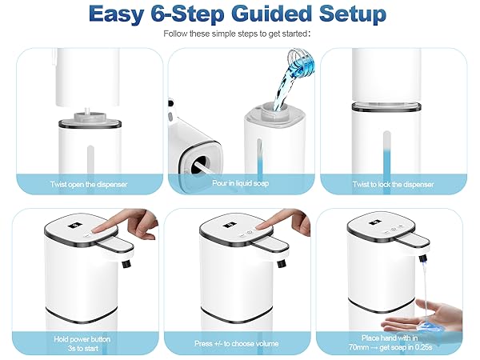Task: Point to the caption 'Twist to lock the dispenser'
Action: click(394, 184)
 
